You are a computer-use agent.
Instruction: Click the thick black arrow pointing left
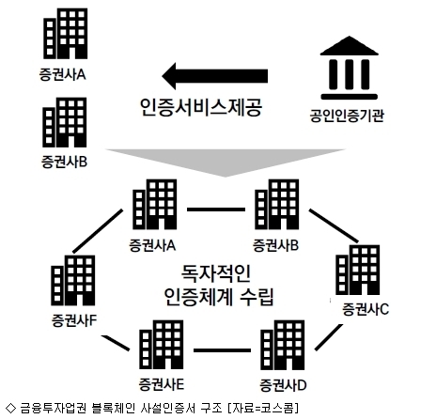[215, 76]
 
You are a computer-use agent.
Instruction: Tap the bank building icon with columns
[349, 68]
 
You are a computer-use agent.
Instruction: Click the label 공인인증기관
[347, 116]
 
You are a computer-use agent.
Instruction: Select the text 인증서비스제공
[201, 107]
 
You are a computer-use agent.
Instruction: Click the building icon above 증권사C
[358, 270]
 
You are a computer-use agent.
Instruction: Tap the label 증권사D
[283, 385]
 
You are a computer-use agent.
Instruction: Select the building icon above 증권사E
[162, 345]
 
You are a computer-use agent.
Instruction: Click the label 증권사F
[74, 320]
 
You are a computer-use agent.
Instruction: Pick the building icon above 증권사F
[73, 280]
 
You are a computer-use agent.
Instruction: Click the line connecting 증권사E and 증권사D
[222, 350]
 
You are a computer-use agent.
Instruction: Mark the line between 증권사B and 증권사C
[334, 225]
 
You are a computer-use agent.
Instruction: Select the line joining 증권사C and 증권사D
[329, 337]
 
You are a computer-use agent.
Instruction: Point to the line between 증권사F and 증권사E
[116, 343]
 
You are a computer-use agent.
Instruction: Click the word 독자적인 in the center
[216, 273]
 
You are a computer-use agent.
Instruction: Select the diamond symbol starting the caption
[10, 408]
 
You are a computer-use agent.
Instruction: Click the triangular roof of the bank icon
[349, 46]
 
